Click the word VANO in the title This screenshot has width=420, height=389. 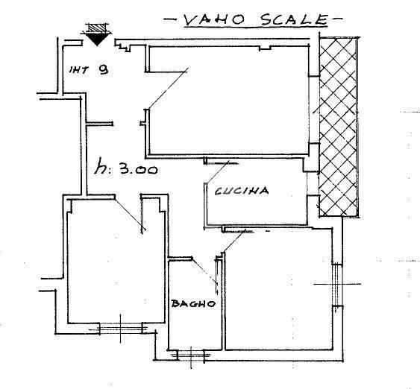(x=214, y=20)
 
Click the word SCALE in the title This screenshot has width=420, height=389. (x=295, y=19)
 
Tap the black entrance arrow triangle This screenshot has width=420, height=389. (x=97, y=39)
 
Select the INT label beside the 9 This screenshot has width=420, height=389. (x=79, y=70)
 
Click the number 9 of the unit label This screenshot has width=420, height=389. (x=103, y=69)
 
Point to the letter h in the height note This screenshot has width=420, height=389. (x=100, y=166)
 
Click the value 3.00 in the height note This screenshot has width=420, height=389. (x=138, y=169)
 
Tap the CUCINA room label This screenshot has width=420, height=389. (x=242, y=191)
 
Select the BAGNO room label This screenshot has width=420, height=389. (x=193, y=303)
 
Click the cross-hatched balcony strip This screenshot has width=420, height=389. (x=338, y=127)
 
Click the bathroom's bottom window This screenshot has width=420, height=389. (x=191, y=355)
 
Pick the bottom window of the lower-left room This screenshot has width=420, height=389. (x=121, y=328)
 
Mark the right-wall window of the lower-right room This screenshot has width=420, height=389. (x=337, y=284)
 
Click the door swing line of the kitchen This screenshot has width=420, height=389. (x=217, y=172)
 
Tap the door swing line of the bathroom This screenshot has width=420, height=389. (x=204, y=271)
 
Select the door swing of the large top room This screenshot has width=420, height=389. (x=168, y=88)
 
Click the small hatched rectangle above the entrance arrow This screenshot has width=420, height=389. (x=97, y=28)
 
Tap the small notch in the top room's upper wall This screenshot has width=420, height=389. (x=265, y=48)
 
